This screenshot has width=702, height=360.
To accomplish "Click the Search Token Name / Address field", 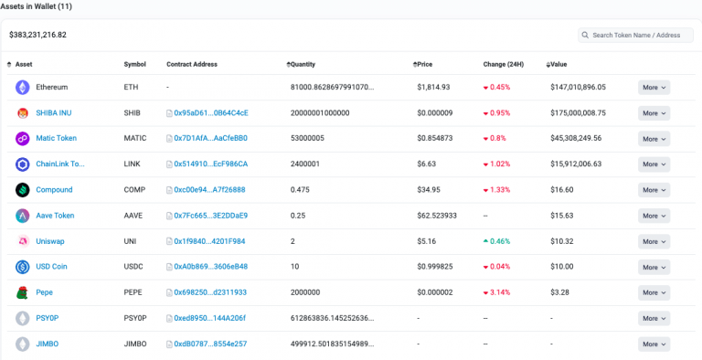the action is pyautogui.click(x=635, y=35).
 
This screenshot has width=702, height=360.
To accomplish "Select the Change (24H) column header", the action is pyautogui.click(x=504, y=65).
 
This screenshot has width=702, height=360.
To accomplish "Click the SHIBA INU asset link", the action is pyautogui.click(x=54, y=112).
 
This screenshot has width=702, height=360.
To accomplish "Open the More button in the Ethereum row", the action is pyautogui.click(x=654, y=88).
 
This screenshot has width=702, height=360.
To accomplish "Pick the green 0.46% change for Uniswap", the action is pyautogui.click(x=496, y=241).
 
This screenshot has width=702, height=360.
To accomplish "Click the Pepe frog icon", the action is pyautogui.click(x=22, y=292).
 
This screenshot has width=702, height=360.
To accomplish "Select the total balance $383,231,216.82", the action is pyautogui.click(x=37, y=35).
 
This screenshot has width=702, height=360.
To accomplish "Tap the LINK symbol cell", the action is pyautogui.click(x=132, y=164).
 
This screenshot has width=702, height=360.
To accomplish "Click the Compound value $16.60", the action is pyautogui.click(x=562, y=190).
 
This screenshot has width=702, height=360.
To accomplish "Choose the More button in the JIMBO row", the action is pyautogui.click(x=654, y=344).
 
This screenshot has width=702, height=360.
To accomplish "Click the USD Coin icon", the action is pyautogui.click(x=22, y=267).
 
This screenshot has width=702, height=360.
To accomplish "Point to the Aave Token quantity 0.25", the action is pyautogui.click(x=298, y=216).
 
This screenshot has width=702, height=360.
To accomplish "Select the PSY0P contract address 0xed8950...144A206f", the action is pyautogui.click(x=206, y=318).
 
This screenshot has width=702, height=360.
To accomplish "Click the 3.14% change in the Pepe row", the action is pyautogui.click(x=496, y=292).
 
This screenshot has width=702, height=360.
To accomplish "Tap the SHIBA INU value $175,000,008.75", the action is pyautogui.click(x=578, y=112).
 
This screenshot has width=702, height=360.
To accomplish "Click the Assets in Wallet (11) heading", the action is pyautogui.click(x=36, y=6).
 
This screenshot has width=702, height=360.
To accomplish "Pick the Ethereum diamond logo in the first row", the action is pyautogui.click(x=22, y=88).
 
